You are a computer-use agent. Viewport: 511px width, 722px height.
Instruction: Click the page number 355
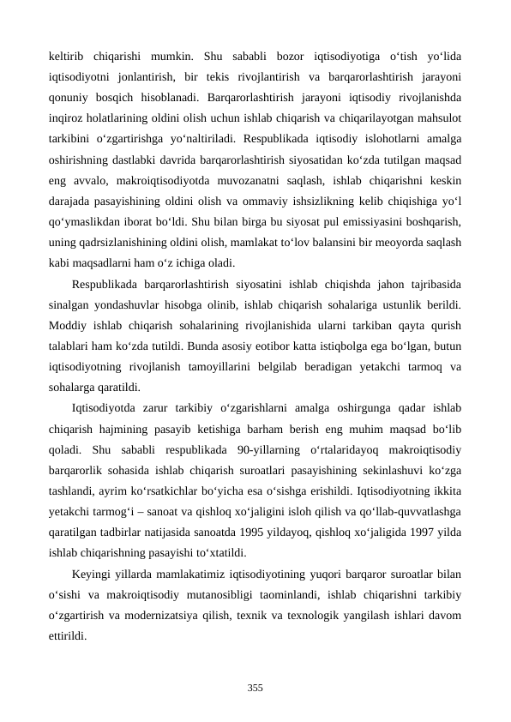coord(255,687)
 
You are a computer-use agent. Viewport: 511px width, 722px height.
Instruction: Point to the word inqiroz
coord(68,120)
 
